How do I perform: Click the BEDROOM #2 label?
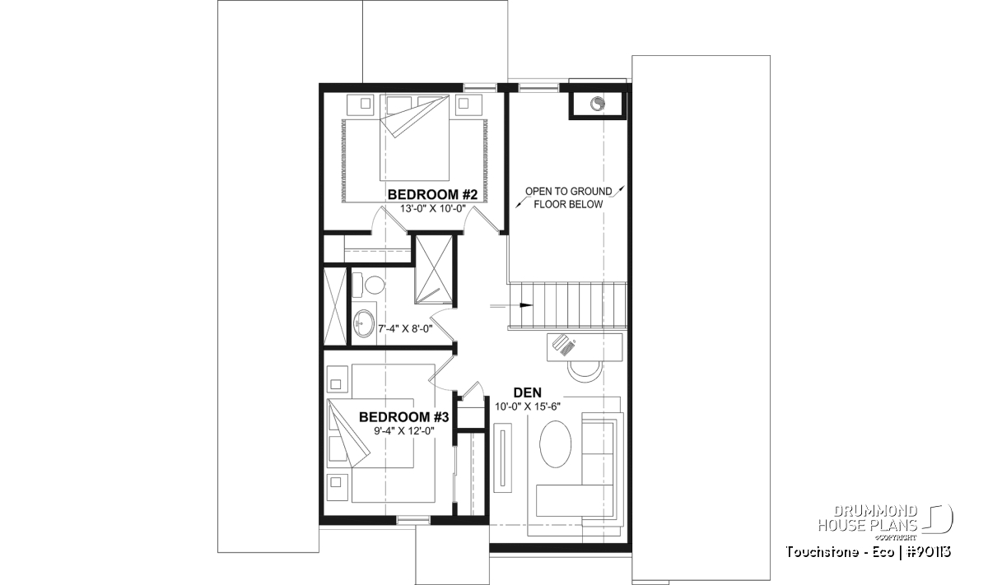432,194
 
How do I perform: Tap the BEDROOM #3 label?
403,417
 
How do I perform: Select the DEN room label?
528,392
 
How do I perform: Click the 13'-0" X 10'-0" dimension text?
433,208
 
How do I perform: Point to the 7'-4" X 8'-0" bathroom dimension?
405,328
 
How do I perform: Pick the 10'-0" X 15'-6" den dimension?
528,406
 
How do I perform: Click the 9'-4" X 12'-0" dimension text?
404,430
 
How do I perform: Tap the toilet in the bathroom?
369,285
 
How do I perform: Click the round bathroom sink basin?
364,323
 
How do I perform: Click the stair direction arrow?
511,305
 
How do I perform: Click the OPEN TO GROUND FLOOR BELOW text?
569,197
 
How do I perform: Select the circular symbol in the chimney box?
598,104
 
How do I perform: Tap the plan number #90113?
930,552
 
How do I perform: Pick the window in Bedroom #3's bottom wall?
412,521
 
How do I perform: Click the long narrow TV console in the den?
503,457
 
